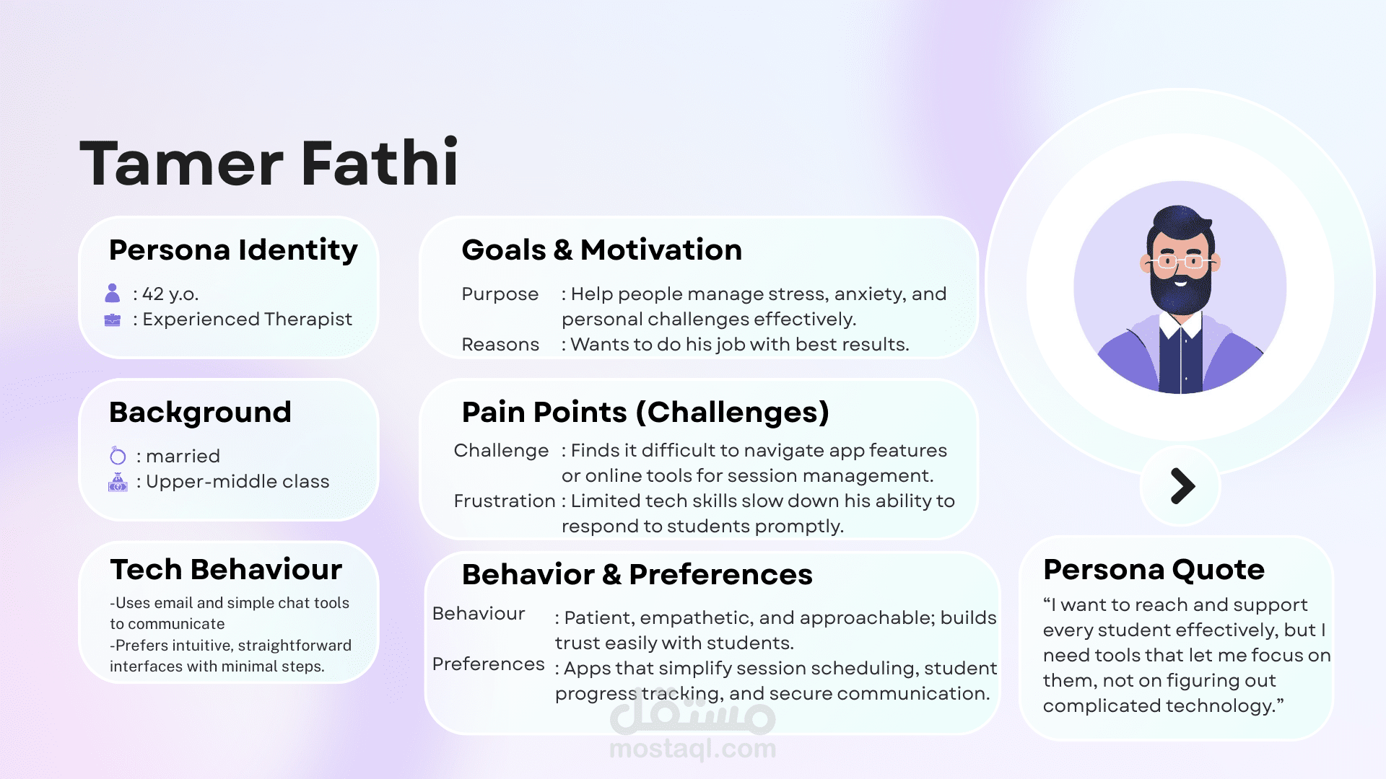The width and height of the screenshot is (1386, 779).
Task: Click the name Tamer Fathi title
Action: pos(269,163)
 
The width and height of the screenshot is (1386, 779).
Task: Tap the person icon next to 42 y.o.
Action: pos(113,293)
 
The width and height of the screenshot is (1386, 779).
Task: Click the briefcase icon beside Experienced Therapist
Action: pos(113,320)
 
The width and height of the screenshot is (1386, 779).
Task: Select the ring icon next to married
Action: pos(118,455)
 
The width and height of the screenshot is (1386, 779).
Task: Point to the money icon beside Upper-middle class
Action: pos(118,482)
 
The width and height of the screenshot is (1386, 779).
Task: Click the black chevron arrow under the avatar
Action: pos(1182,486)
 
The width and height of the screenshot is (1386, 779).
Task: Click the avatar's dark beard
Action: pos(1180,289)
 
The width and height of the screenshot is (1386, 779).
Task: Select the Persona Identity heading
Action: pos(233,250)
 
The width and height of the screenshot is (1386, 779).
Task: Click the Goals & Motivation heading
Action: pos(601,250)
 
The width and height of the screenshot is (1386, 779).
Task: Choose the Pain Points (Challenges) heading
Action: pos(645,413)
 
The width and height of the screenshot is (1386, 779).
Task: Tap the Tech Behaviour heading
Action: pos(226,569)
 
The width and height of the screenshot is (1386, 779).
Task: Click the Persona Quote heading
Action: pos(1154,569)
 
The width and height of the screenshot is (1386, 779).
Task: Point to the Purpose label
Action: pos(500,294)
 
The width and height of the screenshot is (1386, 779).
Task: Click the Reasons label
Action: pos(500,345)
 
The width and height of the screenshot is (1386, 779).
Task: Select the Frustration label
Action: pos(505,501)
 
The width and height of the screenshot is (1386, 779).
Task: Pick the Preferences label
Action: pos(488,664)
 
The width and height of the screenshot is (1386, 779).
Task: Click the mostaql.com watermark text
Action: pos(693,749)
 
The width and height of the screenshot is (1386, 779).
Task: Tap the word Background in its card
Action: pos(200,413)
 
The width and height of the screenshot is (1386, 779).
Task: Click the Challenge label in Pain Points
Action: pos(501,451)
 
